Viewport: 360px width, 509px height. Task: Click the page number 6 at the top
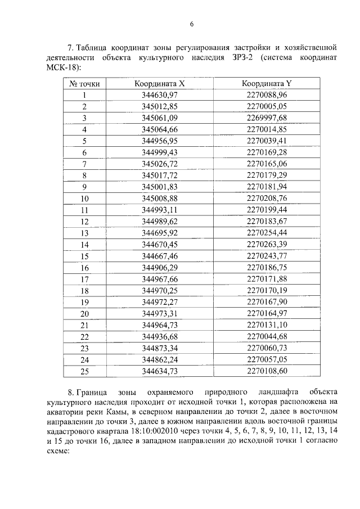192,24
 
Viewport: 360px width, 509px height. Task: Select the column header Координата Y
267,83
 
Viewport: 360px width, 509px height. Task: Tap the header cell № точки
84,83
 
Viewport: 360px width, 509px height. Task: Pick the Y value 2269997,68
267,118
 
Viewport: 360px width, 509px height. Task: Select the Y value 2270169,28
267,152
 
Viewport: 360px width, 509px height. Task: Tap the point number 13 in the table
85,233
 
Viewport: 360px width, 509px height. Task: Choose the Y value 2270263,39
267,244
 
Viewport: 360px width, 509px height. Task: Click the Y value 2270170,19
267,290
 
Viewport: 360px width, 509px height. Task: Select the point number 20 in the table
85,313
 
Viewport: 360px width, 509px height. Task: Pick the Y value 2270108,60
267,371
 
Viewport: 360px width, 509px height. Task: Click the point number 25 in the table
85,371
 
